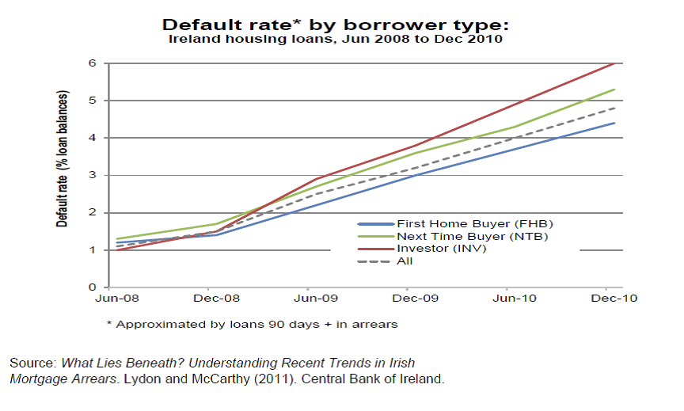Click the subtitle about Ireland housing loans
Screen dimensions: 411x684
(336, 38)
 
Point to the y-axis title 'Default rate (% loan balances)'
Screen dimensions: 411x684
(62, 158)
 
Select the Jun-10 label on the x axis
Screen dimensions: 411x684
(509, 299)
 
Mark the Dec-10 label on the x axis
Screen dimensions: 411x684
(610, 299)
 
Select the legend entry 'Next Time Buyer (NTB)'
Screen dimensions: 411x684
(454, 236)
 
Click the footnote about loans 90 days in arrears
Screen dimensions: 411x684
(251, 324)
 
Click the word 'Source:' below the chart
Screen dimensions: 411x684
(32, 363)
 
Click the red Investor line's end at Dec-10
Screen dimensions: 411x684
(614, 63)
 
